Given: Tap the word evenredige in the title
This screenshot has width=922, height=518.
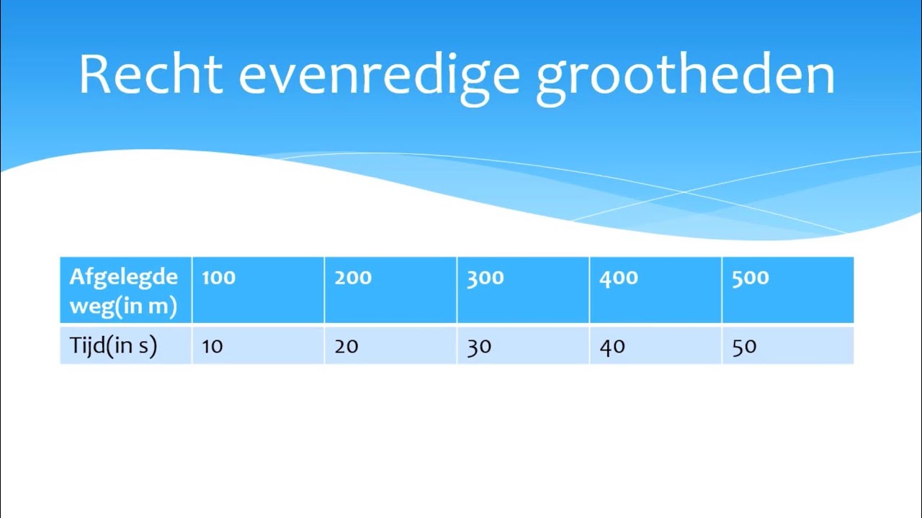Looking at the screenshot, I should (379, 75).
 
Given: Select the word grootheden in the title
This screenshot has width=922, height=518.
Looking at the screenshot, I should (685, 75).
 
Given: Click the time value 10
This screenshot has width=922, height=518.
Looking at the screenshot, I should (212, 346).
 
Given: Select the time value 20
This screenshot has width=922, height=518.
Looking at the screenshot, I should (346, 346).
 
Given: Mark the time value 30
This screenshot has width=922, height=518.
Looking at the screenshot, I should (479, 346).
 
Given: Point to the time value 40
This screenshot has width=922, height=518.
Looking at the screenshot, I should (612, 346).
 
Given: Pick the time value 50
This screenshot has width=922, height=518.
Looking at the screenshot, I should (744, 346).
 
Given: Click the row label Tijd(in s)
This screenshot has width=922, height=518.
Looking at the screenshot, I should (113, 346).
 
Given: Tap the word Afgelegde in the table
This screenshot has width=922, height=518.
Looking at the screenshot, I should (123, 278).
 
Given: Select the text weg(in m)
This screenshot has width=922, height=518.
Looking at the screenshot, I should (123, 306).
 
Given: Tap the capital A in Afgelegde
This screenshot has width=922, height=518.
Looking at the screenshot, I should (76, 277).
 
